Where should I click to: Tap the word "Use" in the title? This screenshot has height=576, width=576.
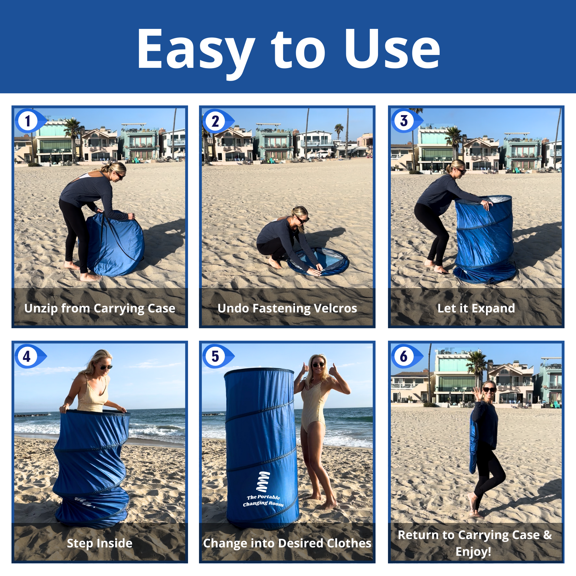392,49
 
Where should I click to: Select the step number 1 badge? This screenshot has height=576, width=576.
30,121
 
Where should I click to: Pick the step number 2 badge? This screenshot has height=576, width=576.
217,121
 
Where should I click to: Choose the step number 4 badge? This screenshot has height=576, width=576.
30,356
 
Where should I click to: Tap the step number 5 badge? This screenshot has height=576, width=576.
217,356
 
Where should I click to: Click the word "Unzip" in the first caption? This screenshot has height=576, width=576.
41,309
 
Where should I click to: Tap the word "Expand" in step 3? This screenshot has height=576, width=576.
493,309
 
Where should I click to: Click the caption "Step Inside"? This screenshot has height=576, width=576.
100,543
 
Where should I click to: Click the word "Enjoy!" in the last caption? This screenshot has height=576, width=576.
473,552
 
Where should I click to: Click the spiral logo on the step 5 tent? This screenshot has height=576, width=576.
264,482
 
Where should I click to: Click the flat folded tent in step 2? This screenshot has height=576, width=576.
318,261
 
